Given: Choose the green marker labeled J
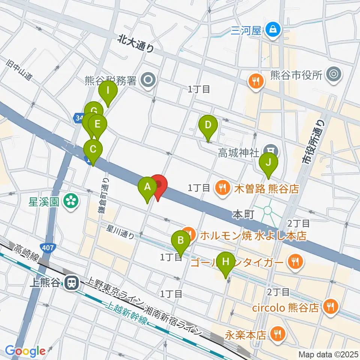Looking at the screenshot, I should (x=268, y=162).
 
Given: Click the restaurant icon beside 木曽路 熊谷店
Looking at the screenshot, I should (x=223, y=187).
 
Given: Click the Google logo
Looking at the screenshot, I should (x=25, y=351).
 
